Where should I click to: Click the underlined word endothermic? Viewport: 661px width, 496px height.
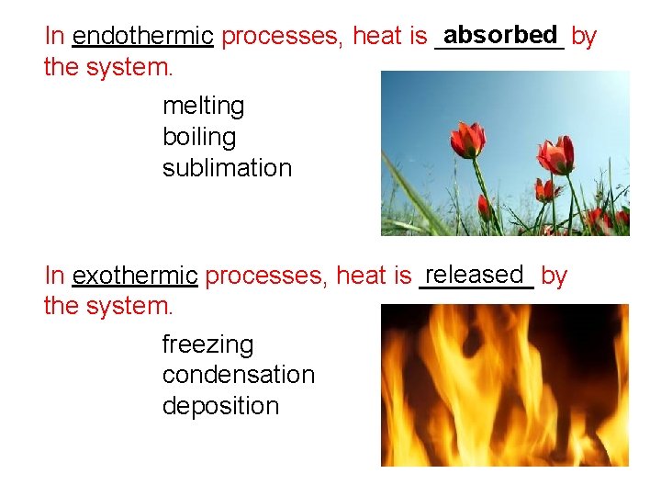point(142,37)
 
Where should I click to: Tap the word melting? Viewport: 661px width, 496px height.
point(203,107)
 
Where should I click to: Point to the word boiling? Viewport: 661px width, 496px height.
point(198,138)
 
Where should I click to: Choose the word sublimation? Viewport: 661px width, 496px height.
point(227,169)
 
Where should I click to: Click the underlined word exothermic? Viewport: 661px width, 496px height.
point(135,276)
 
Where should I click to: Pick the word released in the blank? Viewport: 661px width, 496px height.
point(475,274)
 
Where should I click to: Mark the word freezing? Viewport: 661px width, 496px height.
point(207,345)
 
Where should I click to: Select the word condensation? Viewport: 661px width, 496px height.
point(238,376)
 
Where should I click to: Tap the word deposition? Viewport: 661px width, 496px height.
point(220,406)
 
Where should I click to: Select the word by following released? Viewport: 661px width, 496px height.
point(554,276)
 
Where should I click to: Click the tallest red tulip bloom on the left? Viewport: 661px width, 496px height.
point(468,140)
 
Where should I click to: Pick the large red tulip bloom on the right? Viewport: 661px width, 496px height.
point(556,154)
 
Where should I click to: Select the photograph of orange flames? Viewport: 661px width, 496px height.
point(505,385)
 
